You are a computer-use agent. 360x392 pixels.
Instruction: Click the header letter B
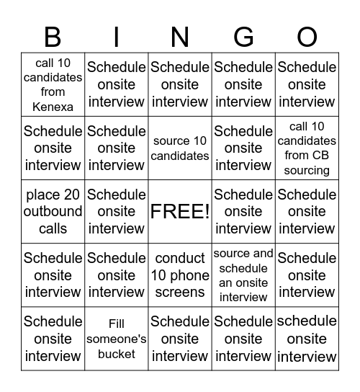53,36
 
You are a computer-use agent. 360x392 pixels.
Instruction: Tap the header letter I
117,36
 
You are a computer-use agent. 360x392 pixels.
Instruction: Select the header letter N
180,36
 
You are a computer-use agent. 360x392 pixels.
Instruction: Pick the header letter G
243,36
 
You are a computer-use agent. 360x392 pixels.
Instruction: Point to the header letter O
307,36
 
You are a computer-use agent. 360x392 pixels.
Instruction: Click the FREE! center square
180,212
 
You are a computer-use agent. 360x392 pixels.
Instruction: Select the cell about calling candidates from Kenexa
53,84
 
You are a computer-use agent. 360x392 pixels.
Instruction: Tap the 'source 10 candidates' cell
180,148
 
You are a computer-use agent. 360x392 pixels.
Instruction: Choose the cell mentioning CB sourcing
307,148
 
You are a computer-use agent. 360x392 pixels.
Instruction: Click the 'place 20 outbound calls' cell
53,212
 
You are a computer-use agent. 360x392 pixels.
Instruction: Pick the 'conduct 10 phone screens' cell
180,275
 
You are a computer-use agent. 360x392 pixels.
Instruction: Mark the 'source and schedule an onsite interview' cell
243,275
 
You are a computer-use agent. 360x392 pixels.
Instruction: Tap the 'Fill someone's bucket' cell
117,339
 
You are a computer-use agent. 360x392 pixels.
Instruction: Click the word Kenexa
53,107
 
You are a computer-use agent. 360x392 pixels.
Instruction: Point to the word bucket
117,354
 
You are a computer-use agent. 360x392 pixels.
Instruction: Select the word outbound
53,212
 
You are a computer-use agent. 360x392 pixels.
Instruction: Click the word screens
180,293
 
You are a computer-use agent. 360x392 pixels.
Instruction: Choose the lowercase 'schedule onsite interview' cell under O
307,339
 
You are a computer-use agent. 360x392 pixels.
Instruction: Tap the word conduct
180,258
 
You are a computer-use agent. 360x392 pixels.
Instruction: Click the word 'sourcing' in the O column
307,170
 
